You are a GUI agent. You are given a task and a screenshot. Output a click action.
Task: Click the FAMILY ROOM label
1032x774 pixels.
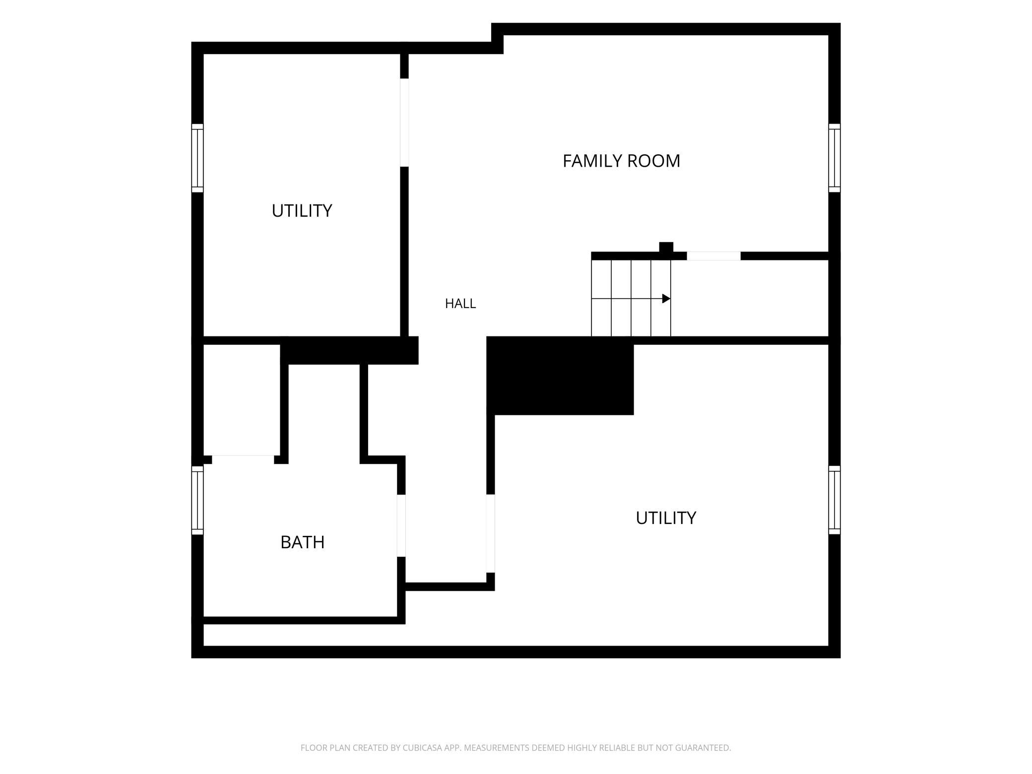tap(621, 161)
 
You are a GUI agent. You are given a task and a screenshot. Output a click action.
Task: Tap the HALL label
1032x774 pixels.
tap(460, 304)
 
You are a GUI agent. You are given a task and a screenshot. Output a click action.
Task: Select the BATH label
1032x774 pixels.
tap(303, 542)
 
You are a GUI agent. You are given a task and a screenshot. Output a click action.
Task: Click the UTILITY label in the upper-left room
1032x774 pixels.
tap(302, 211)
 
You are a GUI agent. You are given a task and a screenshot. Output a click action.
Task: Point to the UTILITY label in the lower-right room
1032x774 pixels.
tap(666, 518)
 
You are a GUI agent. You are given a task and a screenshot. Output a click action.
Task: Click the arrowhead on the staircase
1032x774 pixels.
tap(666, 299)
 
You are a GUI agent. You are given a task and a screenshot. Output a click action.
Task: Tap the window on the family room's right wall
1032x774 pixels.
tap(835, 158)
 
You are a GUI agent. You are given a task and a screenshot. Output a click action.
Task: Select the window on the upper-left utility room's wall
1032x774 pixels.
tap(197, 158)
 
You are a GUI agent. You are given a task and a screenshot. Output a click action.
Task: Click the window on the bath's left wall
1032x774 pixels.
tap(197, 500)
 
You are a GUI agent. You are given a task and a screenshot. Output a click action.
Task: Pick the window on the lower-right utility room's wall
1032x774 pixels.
tap(835, 500)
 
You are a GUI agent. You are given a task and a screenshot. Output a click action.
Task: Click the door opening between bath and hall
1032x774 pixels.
tap(401, 525)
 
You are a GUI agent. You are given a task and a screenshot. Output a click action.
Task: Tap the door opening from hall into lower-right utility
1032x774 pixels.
tap(490, 533)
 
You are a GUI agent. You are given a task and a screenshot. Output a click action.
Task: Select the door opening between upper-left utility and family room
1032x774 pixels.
tap(404, 123)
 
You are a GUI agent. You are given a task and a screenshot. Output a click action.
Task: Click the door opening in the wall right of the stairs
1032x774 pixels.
tap(713, 256)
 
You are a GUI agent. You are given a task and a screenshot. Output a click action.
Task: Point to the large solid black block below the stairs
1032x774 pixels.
tap(560, 376)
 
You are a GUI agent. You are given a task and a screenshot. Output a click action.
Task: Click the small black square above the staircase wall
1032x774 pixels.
tap(666, 247)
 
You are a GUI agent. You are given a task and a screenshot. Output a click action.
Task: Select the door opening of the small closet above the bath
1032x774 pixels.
tap(243, 460)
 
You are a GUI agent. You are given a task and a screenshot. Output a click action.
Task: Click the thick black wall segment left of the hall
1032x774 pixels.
tap(349, 350)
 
